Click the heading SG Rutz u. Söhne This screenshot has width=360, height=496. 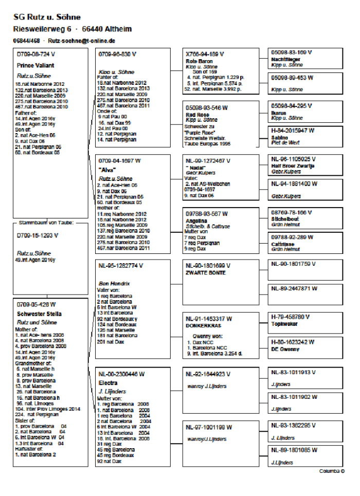coord(40,17)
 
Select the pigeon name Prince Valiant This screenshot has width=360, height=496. coord(35,65)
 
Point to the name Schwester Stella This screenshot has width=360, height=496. coord(39,314)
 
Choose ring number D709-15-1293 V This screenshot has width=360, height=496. coord(37,235)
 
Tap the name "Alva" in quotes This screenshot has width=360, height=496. coord(106,169)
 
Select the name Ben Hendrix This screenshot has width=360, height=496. coord(112,283)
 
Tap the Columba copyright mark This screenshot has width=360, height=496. coord(331,471)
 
